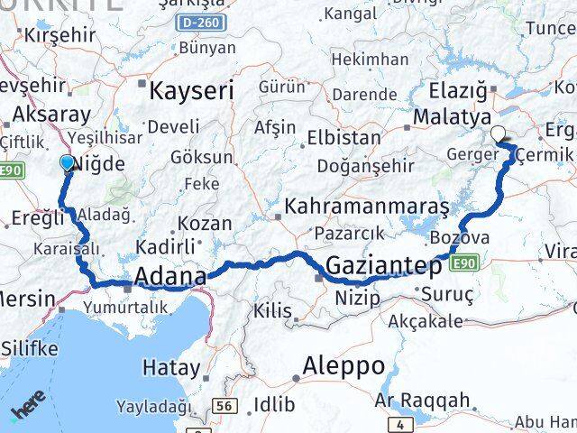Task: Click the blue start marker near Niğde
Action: coord(68,162)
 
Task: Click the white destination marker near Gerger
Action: coord(498,136)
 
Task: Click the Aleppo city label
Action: coord(343,366)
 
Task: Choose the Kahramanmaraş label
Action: coord(366,207)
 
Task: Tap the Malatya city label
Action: coord(452,117)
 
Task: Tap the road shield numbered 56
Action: coord(222,406)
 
